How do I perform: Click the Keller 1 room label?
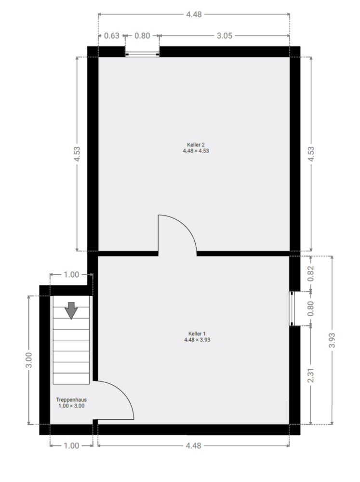tap(197, 333)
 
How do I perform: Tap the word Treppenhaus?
tap(71, 400)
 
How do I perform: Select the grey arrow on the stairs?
tap(71, 310)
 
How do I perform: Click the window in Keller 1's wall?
tap(293, 308)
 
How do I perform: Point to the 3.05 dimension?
tap(225, 36)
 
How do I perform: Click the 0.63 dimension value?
tap(111, 36)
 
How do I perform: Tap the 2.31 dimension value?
tap(311, 375)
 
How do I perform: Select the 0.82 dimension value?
tap(311, 273)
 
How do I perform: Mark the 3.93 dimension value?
tap(332, 340)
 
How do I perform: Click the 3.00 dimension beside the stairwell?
tap(28, 360)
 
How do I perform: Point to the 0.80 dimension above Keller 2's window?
tap(142, 36)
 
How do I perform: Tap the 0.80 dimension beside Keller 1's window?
tap(311, 308)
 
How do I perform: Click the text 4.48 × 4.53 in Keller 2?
tap(196, 151)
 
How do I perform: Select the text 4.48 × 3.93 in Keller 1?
tap(197, 340)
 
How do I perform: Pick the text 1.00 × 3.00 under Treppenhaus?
tap(71, 406)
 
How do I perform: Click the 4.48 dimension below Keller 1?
tap(193, 446)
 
